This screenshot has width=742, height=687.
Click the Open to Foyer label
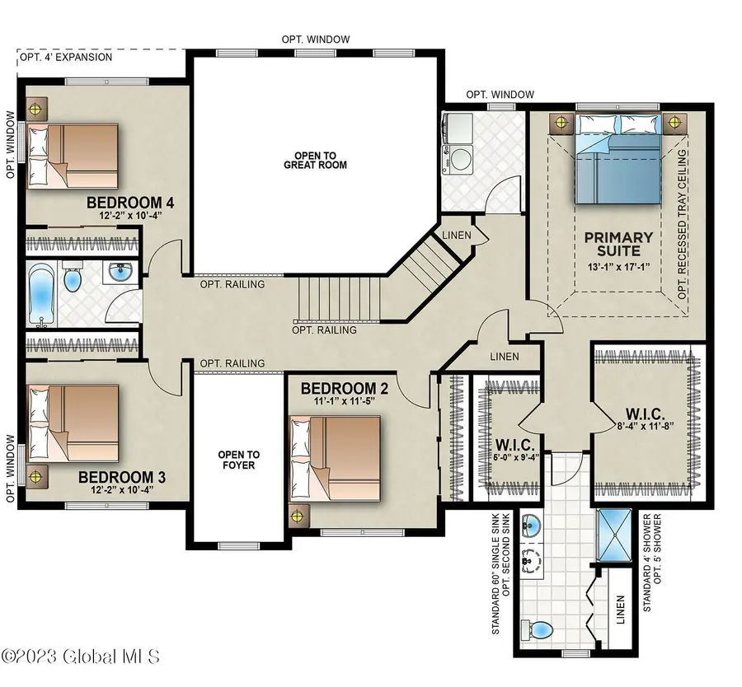238,460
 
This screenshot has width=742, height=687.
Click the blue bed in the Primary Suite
617,161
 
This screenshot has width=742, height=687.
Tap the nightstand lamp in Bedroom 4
35,108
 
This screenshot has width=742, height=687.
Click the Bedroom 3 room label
115,477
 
